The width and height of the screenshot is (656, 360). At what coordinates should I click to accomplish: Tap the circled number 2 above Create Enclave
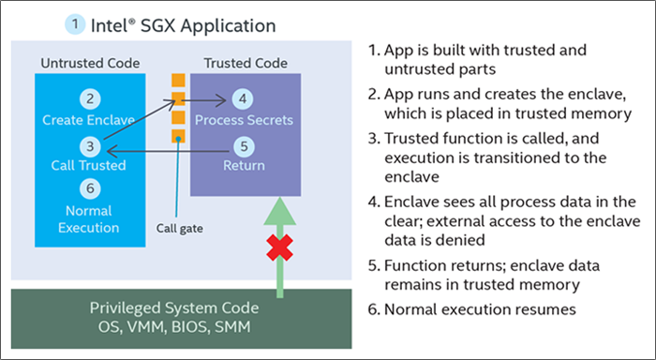coord(90,99)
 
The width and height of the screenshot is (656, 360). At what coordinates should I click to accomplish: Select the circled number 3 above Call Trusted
coord(90,145)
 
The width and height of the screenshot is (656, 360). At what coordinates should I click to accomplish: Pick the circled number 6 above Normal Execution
coord(90,188)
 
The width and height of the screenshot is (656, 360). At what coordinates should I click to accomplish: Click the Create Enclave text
coord(90,120)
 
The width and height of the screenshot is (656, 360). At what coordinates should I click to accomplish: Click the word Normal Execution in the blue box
coord(90,218)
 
